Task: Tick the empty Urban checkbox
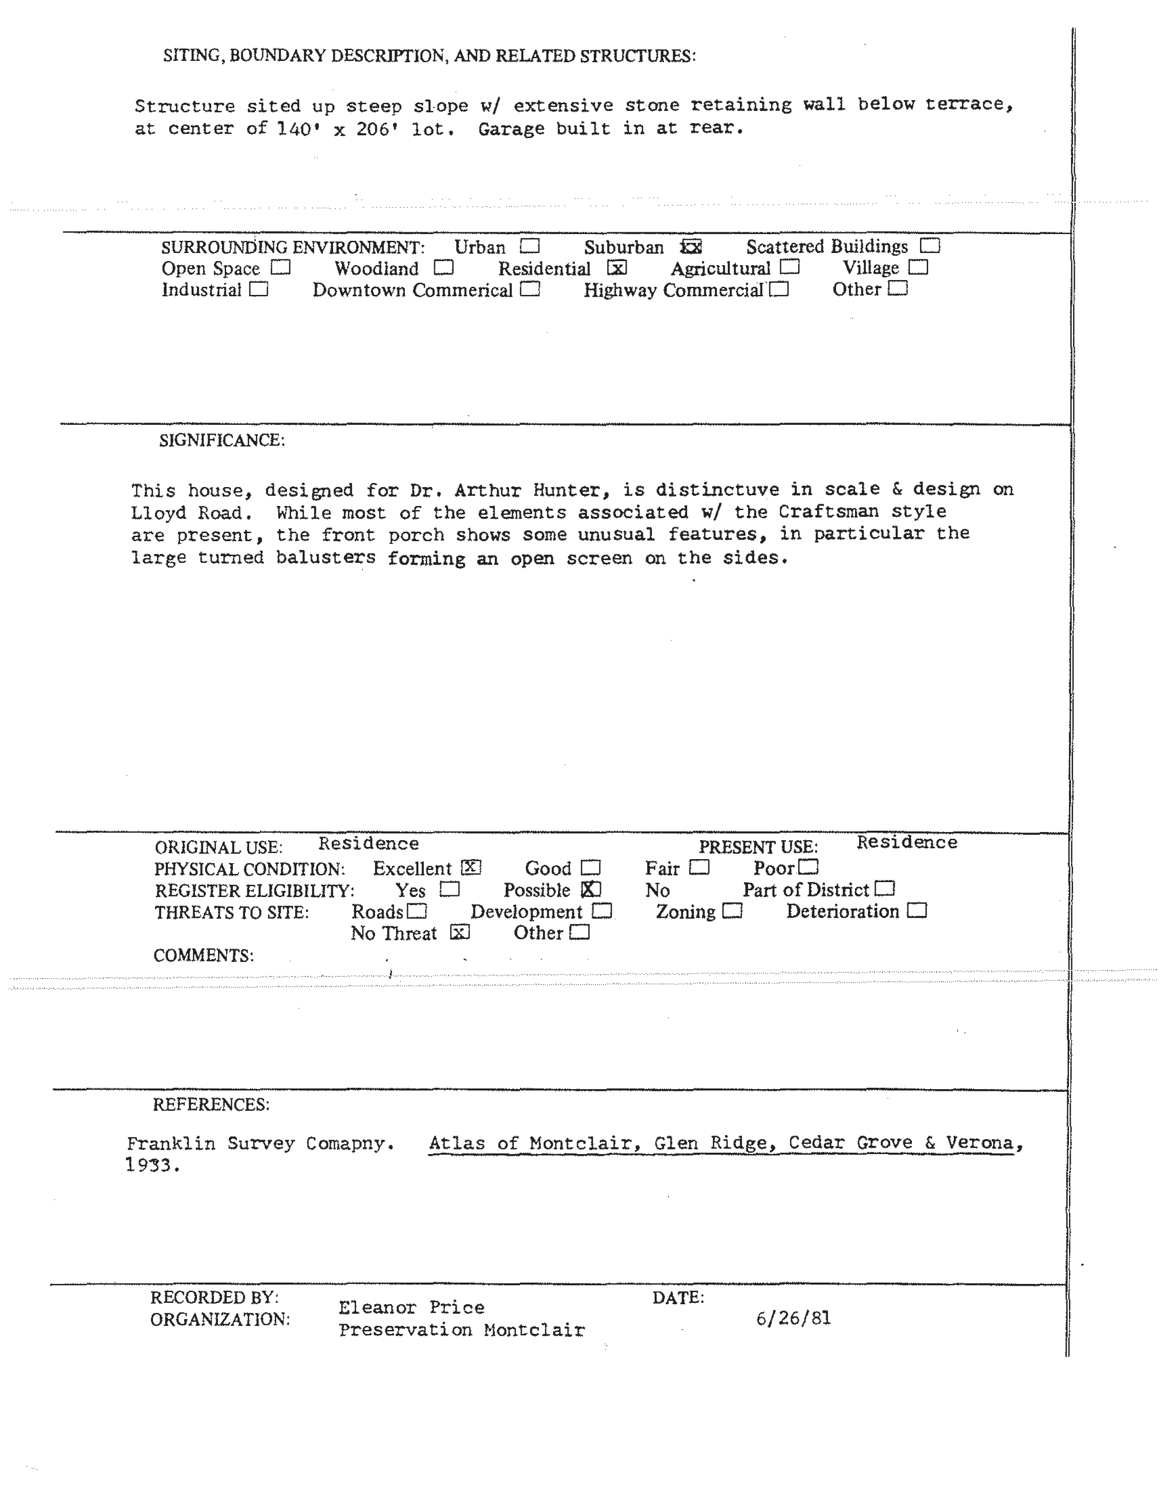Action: pyautogui.click(x=529, y=246)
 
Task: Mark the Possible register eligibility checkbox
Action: pyautogui.click(x=591, y=889)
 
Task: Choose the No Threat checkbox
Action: pyautogui.click(x=460, y=932)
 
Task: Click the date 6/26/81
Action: pyautogui.click(x=793, y=1318)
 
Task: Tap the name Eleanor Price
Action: pyautogui.click(x=411, y=1307)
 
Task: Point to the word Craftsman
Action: pyautogui.click(x=828, y=511)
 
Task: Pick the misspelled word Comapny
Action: pyautogui.click(x=349, y=1143)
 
